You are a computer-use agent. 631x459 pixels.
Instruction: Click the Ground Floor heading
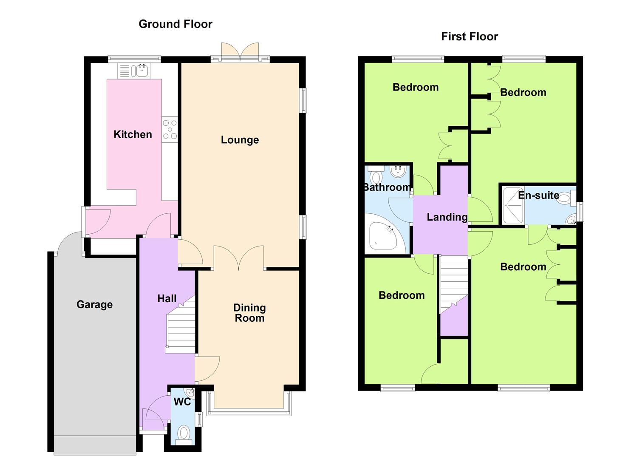pos(175,24)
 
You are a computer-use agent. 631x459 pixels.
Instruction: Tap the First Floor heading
pos(469,37)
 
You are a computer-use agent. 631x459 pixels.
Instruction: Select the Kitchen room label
pos(133,134)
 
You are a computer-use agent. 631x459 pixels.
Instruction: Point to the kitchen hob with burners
pos(170,130)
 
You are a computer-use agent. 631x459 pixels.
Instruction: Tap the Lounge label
pos(240,140)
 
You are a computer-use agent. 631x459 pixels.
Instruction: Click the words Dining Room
pos(249,313)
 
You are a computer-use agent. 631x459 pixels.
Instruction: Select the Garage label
pos(95,304)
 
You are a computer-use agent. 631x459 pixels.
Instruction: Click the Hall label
pos(167,299)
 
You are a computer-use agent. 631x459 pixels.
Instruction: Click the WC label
pos(182,402)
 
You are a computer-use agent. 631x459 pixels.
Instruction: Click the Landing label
pos(447,217)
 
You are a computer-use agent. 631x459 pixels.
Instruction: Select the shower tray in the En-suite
pos(513,205)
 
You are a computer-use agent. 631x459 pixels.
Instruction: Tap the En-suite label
pos(539,195)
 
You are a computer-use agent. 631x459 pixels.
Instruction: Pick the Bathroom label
pos(387,187)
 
